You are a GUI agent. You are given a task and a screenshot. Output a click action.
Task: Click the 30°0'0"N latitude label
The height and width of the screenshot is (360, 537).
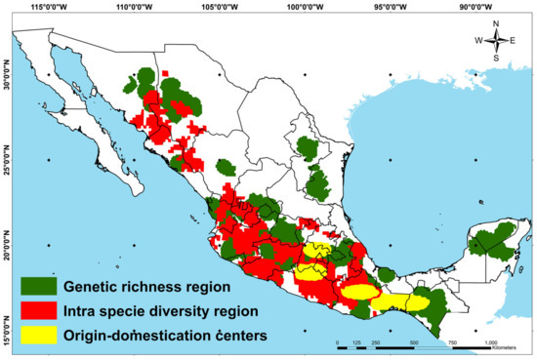[7, 76]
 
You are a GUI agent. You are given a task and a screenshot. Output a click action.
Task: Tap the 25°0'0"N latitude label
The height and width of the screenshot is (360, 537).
[7, 158]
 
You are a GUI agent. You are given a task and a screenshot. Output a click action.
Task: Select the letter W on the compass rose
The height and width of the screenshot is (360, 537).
[478, 40]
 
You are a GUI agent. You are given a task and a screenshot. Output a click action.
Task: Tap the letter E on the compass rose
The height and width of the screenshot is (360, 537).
[515, 40]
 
